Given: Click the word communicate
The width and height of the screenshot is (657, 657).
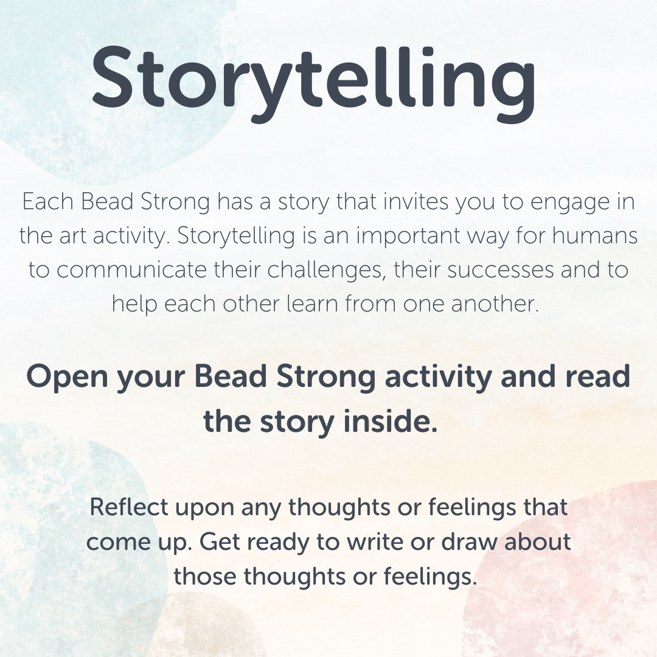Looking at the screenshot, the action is coord(131,270).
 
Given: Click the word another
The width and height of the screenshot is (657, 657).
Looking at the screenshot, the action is coord(495,304).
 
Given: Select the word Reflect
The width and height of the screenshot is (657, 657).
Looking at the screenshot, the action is coord(128,507).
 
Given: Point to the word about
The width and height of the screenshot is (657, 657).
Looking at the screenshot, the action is coord(538,541).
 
